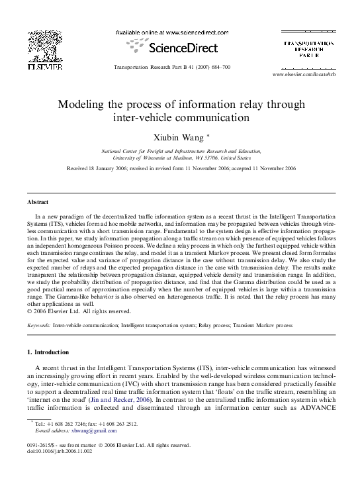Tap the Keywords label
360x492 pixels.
click(x=38, y=326)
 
